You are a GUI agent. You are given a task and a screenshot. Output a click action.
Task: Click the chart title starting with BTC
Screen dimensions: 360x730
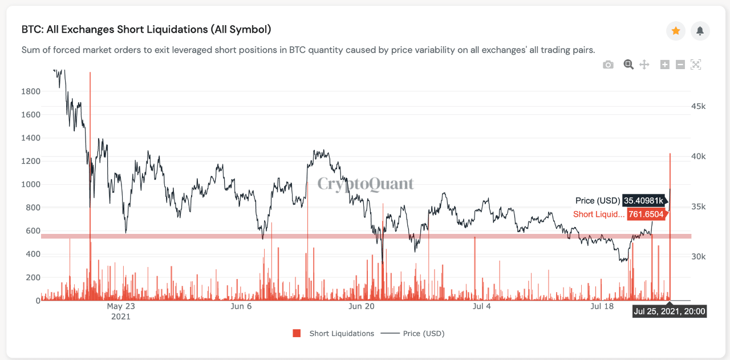[146, 29]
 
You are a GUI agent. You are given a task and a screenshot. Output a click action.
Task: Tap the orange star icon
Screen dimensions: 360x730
[676, 31]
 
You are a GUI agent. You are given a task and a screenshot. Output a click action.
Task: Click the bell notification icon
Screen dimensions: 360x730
[700, 31]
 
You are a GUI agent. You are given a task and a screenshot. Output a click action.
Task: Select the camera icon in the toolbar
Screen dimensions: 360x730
[609, 64]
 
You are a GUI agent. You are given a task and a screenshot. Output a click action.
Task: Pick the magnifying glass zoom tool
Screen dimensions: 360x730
[628, 64]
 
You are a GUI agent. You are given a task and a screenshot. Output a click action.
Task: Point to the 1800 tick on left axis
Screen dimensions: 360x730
[31, 91]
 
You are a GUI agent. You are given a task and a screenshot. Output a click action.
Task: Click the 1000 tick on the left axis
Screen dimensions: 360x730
[31, 184]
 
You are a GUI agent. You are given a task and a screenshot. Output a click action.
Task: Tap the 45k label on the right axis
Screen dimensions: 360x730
[698, 107]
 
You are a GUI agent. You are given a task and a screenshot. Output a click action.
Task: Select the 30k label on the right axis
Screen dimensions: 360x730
[698, 257]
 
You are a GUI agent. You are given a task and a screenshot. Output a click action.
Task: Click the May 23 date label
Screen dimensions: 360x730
[121, 307]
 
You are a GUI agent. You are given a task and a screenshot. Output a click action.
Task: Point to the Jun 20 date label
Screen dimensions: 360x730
[362, 307]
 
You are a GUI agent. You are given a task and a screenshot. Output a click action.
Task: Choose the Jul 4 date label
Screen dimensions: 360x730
[482, 307]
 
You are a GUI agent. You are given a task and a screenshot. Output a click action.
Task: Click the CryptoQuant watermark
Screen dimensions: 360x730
[366, 184]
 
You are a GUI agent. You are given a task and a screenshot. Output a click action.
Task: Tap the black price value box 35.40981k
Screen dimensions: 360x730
[643, 201]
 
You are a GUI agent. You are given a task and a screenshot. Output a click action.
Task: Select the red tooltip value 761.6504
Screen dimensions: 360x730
[646, 215]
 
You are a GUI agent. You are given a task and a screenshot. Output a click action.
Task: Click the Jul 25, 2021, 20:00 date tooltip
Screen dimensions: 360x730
[670, 312]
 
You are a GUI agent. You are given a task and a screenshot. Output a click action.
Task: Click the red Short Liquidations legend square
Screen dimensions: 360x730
[297, 333]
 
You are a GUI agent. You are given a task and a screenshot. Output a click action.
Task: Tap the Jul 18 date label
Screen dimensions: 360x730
[602, 307]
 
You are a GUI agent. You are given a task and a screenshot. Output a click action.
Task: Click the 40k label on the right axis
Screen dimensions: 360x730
[698, 157]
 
